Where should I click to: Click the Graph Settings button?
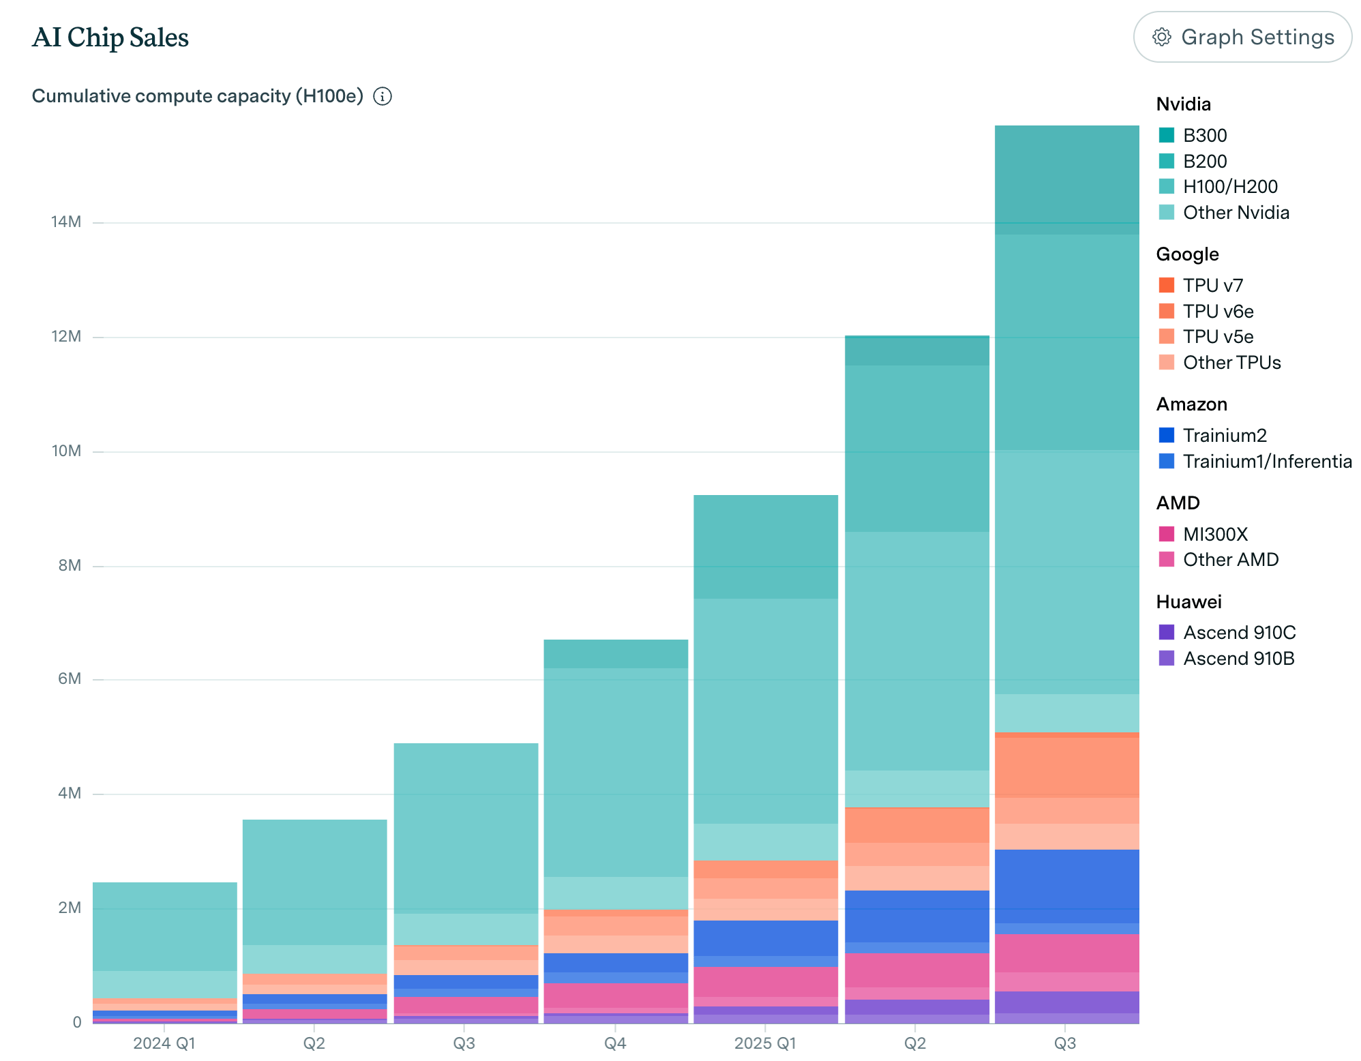1242,37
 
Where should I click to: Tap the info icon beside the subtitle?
383,96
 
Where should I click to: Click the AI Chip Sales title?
110,38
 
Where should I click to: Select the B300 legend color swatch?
1166,135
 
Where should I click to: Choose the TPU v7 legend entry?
1212,285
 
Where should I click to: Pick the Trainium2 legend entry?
1224,435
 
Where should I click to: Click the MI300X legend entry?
1214,534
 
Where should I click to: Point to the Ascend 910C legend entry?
1239,632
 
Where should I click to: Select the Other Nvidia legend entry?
1236,212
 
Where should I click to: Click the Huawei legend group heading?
1188,601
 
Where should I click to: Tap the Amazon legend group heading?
1191,404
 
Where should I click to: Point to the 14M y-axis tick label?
66,222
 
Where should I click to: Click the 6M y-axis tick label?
70,678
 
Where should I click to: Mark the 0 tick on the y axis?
77,1022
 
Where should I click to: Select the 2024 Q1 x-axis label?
164,1043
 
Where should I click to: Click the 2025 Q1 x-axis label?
765,1043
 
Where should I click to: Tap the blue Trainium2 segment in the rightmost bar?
1066,886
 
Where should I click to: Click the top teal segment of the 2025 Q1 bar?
765,546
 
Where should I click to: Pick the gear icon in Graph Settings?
1161,37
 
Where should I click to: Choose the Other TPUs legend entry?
1231,362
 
